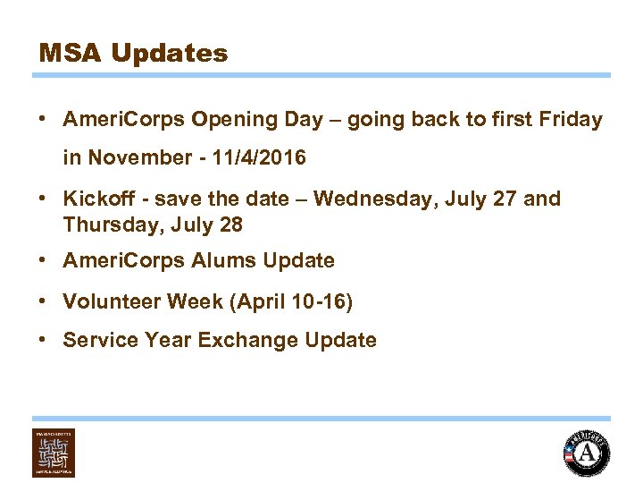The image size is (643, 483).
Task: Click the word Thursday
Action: point(104,225)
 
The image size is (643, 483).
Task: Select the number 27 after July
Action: point(505,199)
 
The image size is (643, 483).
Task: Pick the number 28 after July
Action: point(230,225)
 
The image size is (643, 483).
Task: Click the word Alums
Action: point(214,261)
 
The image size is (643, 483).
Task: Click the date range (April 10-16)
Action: point(291,302)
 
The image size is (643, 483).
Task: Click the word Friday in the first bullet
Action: point(572,120)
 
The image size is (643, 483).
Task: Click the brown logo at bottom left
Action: point(54,453)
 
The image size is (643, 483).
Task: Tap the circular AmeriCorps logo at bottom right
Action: point(587,453)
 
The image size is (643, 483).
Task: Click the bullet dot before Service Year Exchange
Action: point(43,341)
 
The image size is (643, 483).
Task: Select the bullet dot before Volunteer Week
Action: point(43,302)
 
